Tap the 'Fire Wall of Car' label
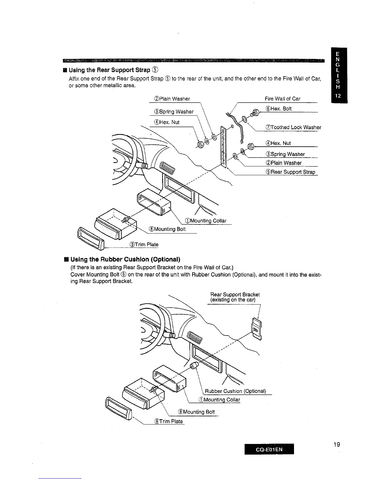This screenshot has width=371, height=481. click(282, 99)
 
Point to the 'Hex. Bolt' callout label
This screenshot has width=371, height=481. click(279, 109)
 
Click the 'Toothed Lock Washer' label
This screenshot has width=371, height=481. click(293, 128)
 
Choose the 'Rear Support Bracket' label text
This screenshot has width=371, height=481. click(235, 295)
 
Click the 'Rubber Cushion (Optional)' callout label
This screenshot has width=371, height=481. click(235, 391)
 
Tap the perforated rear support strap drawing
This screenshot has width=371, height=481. click(223, 148)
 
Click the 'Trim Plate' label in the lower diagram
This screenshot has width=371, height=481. click(169, 421)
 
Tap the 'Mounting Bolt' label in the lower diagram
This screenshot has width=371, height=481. click(196, 412)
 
